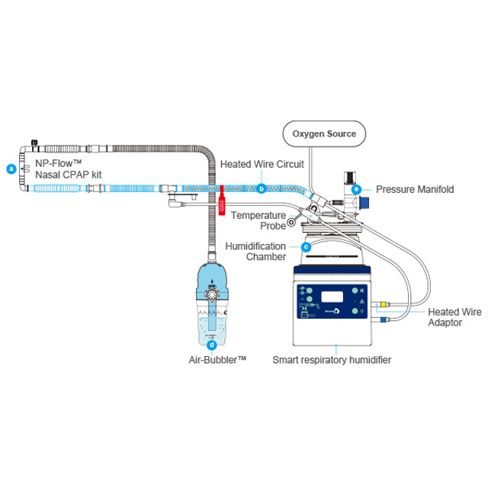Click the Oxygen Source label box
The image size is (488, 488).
coord(324,133)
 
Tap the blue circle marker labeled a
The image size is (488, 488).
coord(11,169)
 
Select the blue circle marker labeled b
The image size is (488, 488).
coord(262,188)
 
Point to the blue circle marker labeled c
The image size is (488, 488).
coord(306,246)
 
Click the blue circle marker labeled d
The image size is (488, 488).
coord(211,344)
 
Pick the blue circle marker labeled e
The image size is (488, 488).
coord(357,189)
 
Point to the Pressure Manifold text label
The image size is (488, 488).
coord(415,189)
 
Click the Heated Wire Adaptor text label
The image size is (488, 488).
coord(454,316)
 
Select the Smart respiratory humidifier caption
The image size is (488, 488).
coord(332,359)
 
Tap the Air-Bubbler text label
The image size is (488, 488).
coord(217,358)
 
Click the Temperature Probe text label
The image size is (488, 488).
coord(258,220)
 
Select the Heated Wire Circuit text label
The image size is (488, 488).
coord(262,164)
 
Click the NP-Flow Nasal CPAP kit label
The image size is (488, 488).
coord(69,169)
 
